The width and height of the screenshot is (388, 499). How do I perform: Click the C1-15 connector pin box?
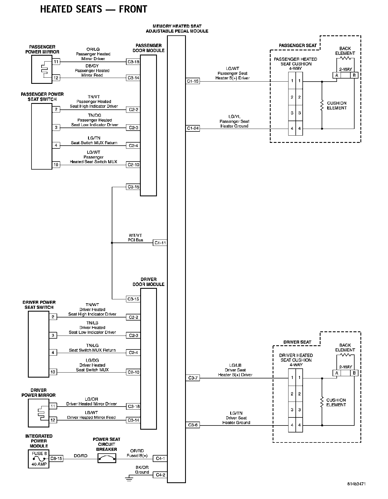(x=193, y=81)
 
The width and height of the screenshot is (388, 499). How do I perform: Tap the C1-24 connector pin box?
(x=193, y=128)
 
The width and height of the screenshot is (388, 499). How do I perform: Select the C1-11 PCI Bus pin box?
(x=160, y=243)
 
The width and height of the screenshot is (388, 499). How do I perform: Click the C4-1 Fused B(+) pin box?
(x=160, y=458)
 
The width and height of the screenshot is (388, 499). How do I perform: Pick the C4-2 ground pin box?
(x=160, y=475)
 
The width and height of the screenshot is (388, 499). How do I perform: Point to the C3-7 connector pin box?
(x=193, y=378)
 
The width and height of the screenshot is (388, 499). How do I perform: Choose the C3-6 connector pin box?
(x=193, y=425)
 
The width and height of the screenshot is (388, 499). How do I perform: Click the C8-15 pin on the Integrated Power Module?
(x=56, y=458)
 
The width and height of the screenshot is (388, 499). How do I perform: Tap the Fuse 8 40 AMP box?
(x=39, y=459)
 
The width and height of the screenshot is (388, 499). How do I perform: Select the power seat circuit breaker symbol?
(x=107, y=458)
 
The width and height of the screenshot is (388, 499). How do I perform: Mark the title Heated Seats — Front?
(x=93, y=9)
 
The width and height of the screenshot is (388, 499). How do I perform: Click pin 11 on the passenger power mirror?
(x=56, y=62)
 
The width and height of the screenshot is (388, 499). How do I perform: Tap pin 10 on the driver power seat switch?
(x=53, y=372)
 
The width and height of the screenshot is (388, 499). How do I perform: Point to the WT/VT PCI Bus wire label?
(x=135, y=238)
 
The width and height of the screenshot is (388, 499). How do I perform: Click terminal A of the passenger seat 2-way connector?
(x=337, y=75)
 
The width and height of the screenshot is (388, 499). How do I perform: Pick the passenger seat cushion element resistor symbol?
(x=322, y=105)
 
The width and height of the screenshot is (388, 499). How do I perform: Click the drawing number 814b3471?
(x=356, y=491)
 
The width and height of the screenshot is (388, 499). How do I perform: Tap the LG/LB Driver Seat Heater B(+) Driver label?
(x=235, y=370)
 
